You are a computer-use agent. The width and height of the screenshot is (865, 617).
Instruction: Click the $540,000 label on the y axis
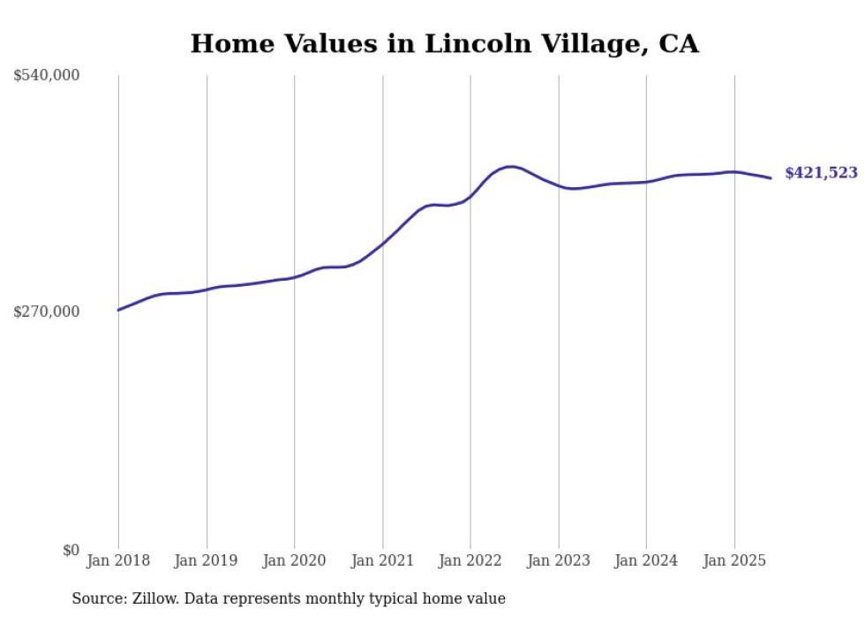47,76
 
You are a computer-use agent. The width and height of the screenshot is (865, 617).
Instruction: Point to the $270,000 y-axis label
47,312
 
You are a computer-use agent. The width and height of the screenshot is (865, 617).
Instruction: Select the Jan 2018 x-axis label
118,561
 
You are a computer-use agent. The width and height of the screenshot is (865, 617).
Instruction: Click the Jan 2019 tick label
206,561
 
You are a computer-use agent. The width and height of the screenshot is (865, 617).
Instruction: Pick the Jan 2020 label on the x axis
294,561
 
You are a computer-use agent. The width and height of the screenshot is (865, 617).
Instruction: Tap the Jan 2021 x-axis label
382,561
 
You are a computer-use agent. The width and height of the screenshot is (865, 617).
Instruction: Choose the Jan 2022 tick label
470,561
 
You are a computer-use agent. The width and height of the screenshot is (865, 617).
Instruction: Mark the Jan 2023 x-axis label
558,561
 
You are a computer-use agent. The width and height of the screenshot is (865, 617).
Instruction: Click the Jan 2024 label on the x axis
645,561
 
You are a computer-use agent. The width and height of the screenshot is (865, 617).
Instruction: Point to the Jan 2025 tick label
733,561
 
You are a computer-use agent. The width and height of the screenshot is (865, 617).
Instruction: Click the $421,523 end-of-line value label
821,174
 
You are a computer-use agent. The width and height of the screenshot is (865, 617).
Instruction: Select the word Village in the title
595,43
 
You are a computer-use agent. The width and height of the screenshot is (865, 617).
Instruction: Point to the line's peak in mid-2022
510,166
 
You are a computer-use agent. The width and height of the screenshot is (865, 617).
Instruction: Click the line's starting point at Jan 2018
118,310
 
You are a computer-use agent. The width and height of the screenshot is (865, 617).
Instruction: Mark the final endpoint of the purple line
771,178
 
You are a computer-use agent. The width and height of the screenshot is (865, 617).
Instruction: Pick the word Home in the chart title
226,43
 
